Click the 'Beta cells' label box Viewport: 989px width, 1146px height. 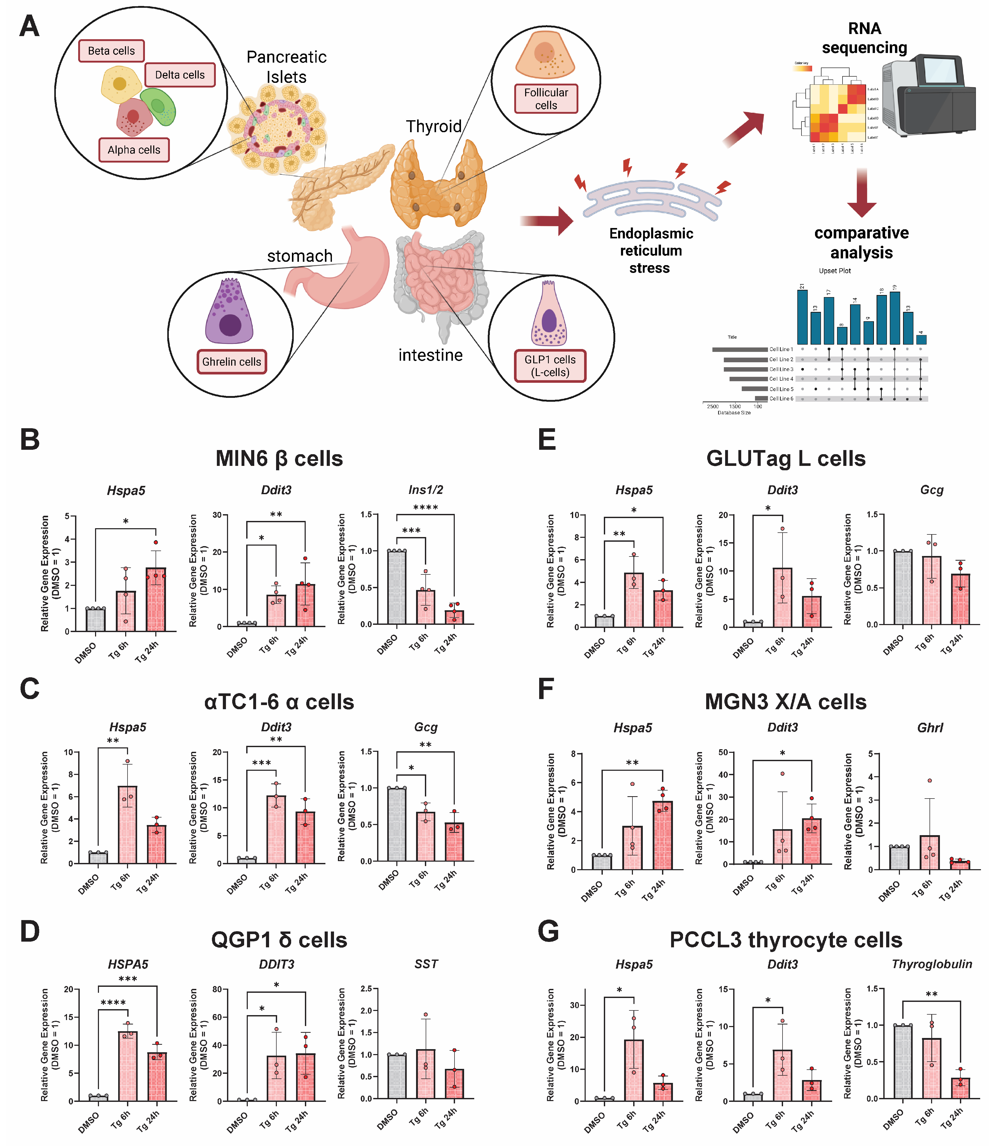[111, 51]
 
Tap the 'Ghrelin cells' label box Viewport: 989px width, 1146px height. [231, 362]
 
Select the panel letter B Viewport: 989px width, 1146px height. [30, 440]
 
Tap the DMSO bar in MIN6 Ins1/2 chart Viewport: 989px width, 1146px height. [397, 587]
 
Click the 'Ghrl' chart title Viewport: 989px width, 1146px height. [930, 728]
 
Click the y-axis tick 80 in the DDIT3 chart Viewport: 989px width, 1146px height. [217, 989]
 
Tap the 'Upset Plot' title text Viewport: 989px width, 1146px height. [835, 271]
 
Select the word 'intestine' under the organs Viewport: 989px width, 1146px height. [430, 355]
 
